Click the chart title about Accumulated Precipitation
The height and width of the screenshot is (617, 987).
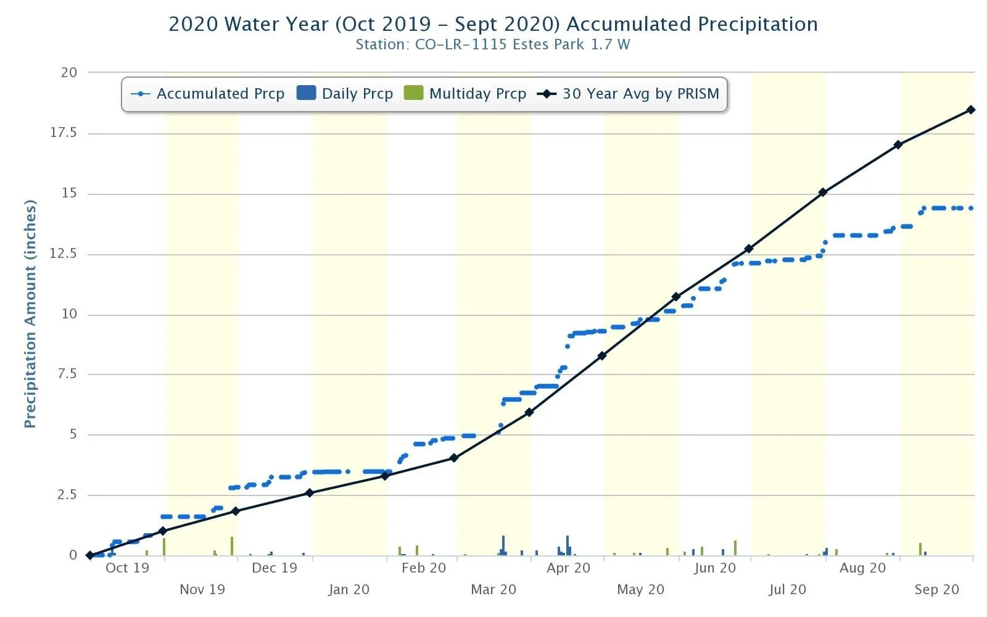click(x=493, y=24)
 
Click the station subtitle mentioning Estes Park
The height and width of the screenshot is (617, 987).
click(x=493, y=44)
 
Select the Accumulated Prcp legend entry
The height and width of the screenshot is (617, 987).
click(x=208, y=94)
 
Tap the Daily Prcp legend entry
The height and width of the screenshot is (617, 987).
click(x=345, y=94)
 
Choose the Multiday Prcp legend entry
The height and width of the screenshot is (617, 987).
click(x=465, y=94)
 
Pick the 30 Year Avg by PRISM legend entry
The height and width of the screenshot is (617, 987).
click(x=629, y=94)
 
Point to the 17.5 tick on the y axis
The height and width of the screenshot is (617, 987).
click(x=64, y=133)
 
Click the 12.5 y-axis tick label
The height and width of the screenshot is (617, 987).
click(x=64, y=254)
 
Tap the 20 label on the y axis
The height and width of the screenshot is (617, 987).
click(x=69, y=72)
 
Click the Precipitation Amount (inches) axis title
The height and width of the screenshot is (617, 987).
click(x=30, y=313)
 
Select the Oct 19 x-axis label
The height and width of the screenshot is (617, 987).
click(x=127, y=568)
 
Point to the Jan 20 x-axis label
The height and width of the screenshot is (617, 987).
click(x=349, y=589)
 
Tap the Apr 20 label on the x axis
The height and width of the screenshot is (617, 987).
click(x=568, y=568)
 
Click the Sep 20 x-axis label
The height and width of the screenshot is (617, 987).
click(x=936, y=589)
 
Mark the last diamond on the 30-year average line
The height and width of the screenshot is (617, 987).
click(x=971, y=110)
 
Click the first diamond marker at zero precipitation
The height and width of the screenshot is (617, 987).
click(x=90, y=555)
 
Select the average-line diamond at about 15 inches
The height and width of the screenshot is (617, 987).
click(x=822, y=193)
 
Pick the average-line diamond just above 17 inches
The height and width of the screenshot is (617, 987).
click(x=898, y=144)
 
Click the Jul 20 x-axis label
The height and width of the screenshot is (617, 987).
click(x=787, y=589)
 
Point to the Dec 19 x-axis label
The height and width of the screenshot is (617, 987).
click(x=275, y=568)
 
